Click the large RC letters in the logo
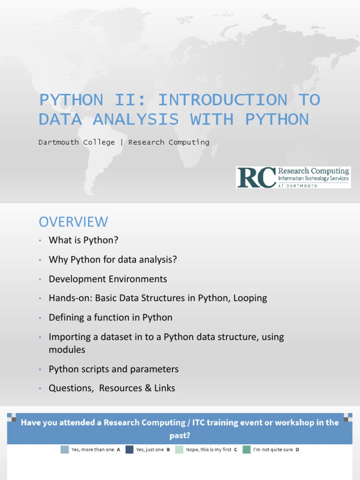pos(256,177)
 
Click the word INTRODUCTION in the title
pos(223,100)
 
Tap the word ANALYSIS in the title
pos(136,119)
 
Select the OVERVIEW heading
pos(73,222)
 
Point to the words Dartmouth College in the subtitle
pos(76,142)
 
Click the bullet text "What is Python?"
pos(83,240)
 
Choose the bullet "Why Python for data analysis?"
pos(112,259)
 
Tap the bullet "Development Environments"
pos(108,279)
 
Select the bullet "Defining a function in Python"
pos(111,317)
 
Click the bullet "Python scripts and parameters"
pos(113,369)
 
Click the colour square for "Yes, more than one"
pos(65,450)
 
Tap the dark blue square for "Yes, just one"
pos(129,450)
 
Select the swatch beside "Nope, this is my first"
pos(179,450)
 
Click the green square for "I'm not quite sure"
pos(247,450)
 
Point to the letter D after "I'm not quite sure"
pos(297,450)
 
